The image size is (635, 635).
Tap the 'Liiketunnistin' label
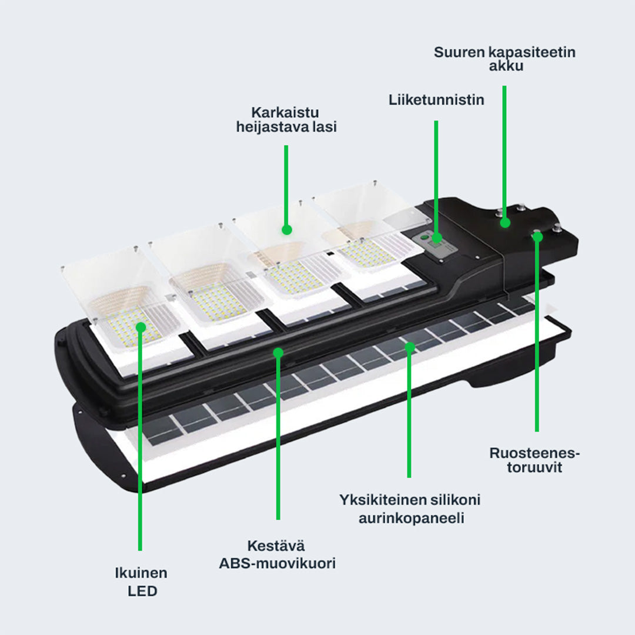click(x=436, y=100)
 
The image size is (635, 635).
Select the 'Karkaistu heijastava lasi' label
click(x=286, y=119)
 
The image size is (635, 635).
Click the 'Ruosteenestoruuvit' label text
click(x=534, y=460)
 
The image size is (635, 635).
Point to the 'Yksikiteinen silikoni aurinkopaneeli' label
click(x=410, y=509)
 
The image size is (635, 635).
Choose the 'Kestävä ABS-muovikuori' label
click(x=278, y=554)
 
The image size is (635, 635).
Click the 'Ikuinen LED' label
click(x=142, y=582)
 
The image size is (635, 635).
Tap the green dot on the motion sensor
click(x=436, y=238)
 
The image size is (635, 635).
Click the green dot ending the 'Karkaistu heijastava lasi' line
click(x=286, y=229)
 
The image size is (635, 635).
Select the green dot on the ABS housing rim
click(x=278, y=352)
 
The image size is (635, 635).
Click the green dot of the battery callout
click(x=504, y=222)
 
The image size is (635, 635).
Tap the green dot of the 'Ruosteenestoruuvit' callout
click(x=537, y=236)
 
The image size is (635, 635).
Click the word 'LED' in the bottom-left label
click(x=142, y=591)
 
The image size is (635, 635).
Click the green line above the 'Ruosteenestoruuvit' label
click(x=537, y=353)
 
